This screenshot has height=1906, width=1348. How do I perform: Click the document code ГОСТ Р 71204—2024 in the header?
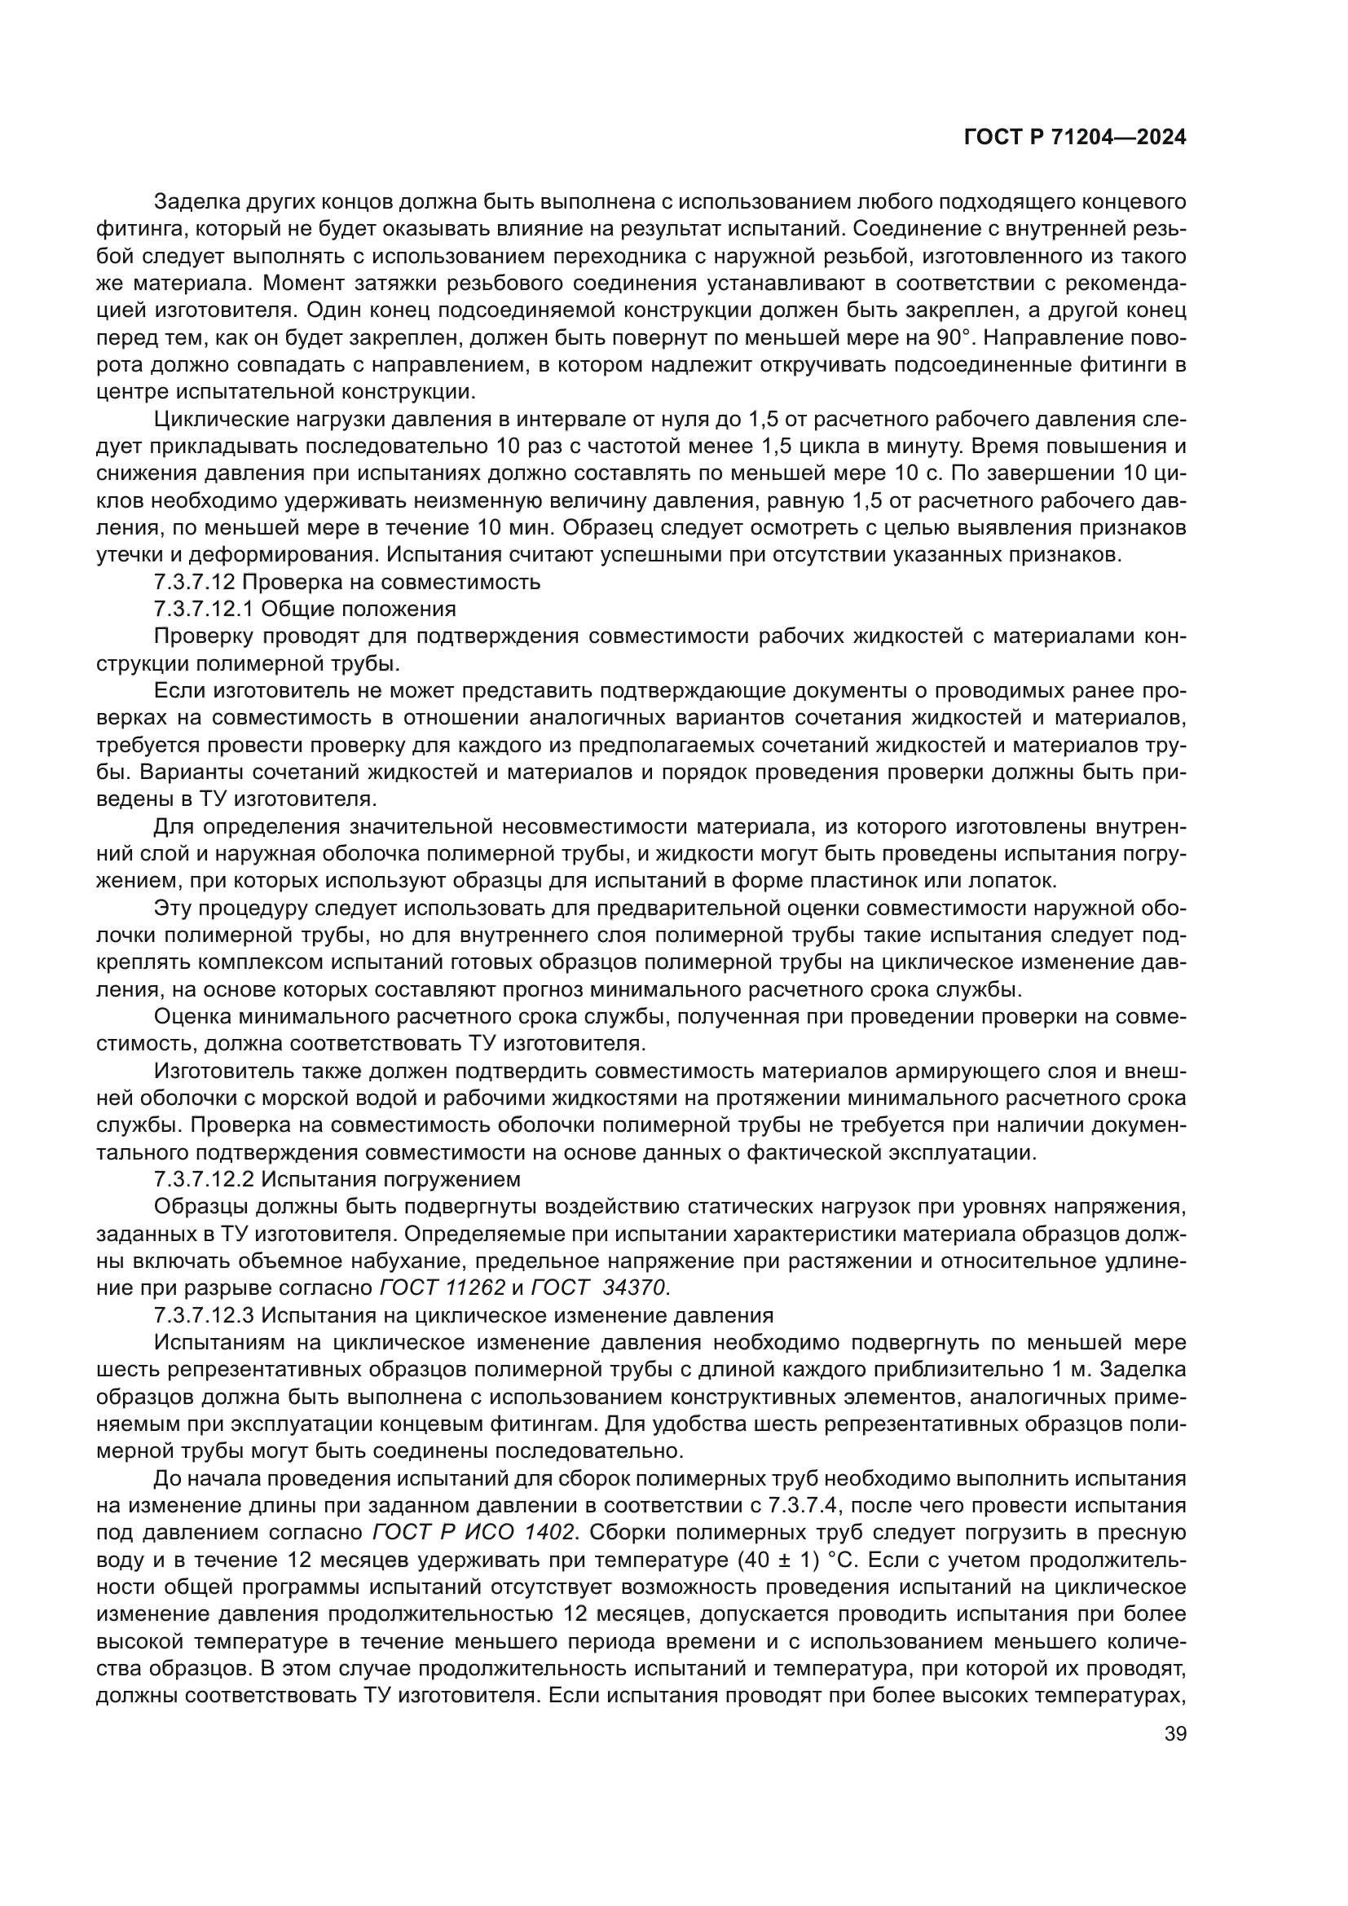tap(1074, 138)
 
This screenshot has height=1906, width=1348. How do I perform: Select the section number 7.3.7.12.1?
tap(205, 609)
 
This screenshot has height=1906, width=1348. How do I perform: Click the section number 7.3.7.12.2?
tap(205, 1179)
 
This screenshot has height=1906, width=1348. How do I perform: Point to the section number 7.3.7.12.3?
tap(205, 1315)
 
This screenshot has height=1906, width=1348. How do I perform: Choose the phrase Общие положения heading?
tap(359, 609)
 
